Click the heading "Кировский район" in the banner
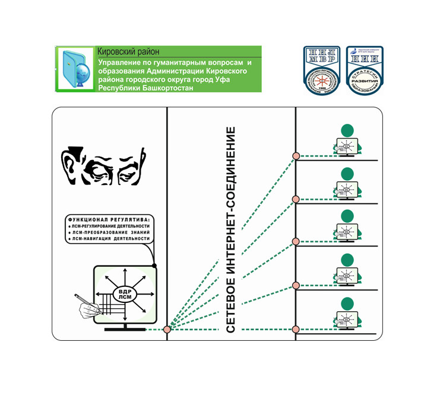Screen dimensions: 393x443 (128, 52)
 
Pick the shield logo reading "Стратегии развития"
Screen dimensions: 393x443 (364, 71)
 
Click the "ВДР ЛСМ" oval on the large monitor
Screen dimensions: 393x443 (125, 293)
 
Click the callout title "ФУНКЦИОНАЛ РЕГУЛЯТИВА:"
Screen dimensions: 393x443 (108, 218)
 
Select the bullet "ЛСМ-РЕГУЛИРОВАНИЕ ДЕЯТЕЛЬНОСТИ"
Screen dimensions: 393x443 (110, 226)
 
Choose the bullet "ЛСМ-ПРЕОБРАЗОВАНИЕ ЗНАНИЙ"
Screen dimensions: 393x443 (110, 233)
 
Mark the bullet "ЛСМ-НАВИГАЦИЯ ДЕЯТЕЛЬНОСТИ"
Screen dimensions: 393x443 (110, 240)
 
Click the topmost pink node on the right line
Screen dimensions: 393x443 (296, 156)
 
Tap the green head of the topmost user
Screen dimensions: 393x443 (347, 130)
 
